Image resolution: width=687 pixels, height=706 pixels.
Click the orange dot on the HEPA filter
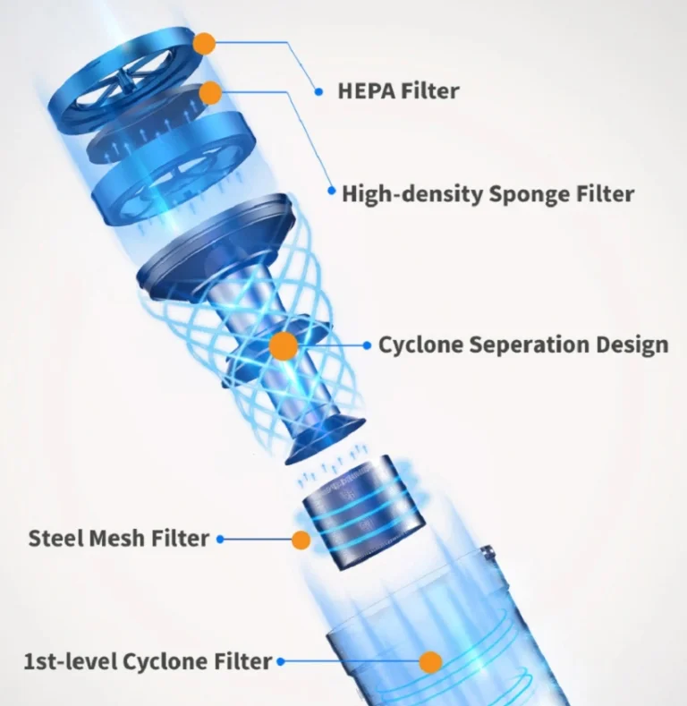204,44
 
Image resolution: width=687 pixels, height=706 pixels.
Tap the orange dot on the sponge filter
210,93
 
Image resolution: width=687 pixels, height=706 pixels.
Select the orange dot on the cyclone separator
284,346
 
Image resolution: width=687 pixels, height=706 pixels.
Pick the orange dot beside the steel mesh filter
301,540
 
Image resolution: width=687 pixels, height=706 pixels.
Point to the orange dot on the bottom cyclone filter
430,662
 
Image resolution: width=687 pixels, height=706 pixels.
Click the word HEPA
366,91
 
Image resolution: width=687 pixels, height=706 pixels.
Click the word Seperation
529,345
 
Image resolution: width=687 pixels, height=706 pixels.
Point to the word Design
632,345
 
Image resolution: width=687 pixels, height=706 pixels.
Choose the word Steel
56,538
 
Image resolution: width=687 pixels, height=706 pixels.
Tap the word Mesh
118,538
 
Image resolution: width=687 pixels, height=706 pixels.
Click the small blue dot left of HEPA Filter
318,92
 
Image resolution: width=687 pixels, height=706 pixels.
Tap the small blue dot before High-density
332,191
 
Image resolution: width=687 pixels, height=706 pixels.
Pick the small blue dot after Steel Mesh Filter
220,539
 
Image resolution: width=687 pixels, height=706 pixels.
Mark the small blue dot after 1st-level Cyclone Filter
281,661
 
